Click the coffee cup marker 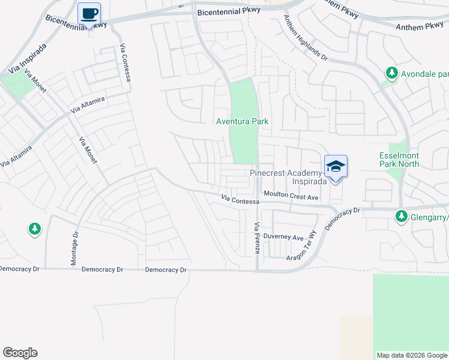(89, 13)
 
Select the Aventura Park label (243, 122)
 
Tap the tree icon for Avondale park (391, 74)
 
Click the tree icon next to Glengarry (401, 216)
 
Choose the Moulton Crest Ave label (291, 197)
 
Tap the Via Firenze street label (257, 238)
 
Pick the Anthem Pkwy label (418, 26)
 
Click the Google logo (20, 353)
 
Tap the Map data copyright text (412, 355)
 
